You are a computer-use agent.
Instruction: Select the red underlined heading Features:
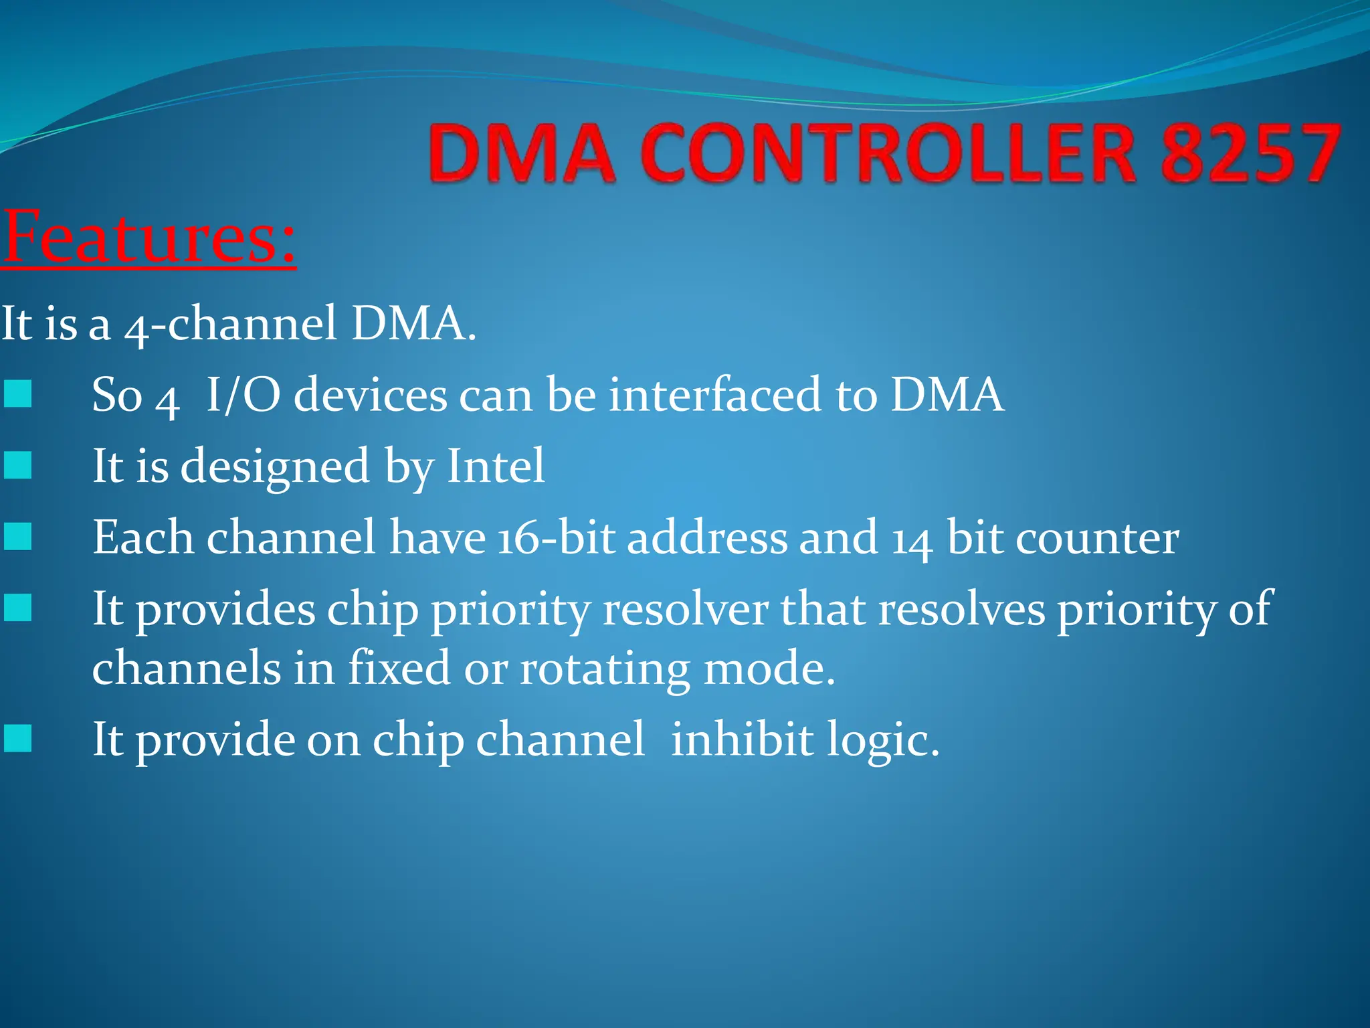149,238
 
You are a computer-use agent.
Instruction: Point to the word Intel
495,466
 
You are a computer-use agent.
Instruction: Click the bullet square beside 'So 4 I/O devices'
17,394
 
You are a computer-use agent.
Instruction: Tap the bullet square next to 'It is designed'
17,465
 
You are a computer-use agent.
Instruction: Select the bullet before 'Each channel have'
17,537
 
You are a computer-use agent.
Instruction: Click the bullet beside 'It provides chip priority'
17,608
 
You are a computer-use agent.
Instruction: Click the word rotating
605,669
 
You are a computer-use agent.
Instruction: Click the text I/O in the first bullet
242,395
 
